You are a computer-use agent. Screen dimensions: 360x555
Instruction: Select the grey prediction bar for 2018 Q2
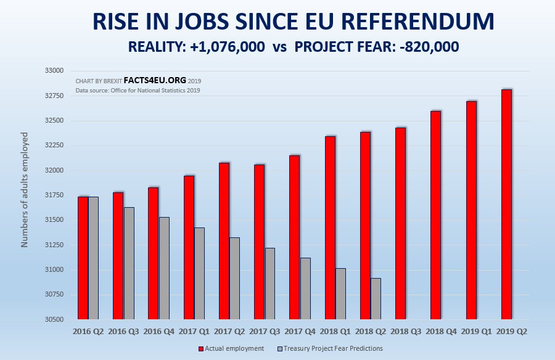point(376,299)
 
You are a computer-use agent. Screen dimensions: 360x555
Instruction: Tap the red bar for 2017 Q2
point(224,241)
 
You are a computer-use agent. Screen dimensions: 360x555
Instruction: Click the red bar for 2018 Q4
point(435,215)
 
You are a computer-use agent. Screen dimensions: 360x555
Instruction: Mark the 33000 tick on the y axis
point(55,71)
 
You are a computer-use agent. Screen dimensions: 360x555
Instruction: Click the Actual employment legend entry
point(231,348)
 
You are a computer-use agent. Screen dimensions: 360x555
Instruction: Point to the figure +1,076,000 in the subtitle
point(225,47)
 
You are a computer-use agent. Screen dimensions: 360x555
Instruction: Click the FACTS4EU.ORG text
point(154,81)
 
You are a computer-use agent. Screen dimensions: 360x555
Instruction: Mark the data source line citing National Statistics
point(138,91)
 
